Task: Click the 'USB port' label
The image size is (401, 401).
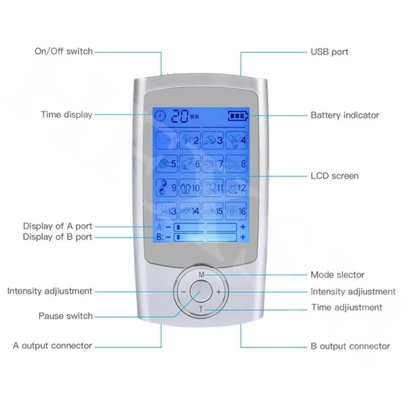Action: coord(329,52)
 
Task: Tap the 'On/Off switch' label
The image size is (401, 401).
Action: coord(64,51)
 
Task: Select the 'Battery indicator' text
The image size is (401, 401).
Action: coord(345,115)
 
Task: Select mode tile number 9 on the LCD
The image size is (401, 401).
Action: coord(168,188)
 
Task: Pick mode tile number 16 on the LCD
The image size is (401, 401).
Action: coord(236,211)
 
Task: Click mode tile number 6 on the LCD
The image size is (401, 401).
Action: coord(191,163)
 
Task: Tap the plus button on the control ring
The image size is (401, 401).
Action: coord(219,292)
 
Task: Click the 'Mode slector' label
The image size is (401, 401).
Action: coord(337,275)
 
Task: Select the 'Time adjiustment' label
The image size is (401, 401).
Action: coord(346,307)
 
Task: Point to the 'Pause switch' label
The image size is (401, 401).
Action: coord(66,316)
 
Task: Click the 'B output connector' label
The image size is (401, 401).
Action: coord(350,346)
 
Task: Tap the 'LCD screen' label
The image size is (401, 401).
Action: coord(334,176)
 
